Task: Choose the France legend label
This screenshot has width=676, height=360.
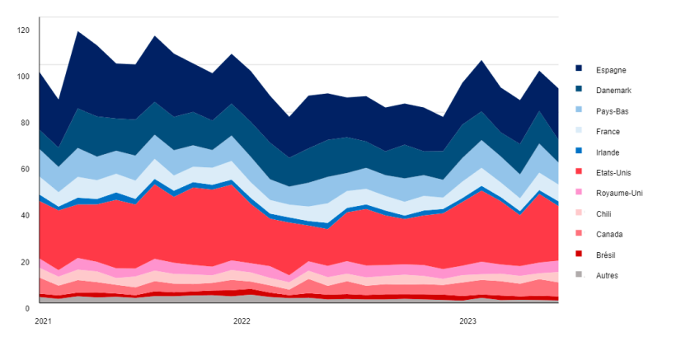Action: point(608,132)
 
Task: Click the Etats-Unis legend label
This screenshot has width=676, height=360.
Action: point(613,173)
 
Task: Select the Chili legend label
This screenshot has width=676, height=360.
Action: point(603,214)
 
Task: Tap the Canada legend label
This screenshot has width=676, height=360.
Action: point(608,235)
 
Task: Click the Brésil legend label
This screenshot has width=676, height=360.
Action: point(607,255)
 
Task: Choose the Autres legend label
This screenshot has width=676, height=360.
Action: point(607,276)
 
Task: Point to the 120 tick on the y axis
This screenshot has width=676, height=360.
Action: point(23,30)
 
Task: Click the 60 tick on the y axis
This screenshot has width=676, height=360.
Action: point(25,169)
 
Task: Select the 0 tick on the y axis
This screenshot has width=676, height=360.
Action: point(27,307)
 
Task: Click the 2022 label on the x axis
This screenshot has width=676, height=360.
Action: point(242,321)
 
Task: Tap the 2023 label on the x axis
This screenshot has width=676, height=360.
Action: point(467,321)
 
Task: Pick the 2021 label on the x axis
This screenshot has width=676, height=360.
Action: point(43,321)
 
